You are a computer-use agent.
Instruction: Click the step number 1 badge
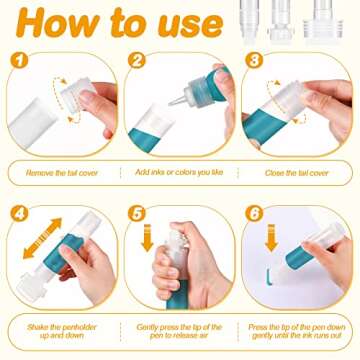coord(19,60)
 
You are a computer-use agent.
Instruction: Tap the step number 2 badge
coord(137,60)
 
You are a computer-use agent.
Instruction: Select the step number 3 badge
coord(254,60)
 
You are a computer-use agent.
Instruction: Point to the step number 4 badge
coord(19,213)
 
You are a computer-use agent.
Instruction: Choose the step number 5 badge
coord(137,213)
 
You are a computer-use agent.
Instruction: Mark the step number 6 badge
coord(254,213)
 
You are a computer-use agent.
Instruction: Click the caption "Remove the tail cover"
coord(62,173)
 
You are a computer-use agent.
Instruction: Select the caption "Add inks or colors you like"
coord(179,172)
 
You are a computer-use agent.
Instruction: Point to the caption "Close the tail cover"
coord(297,173)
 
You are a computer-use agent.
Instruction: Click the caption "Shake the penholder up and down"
coord(62,331)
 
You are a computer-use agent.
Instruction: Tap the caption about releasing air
coord(179,331)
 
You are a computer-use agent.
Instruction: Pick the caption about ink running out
coord(297,331)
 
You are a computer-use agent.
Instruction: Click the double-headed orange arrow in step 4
coord(42,238)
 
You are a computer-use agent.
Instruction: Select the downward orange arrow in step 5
coord(147,238)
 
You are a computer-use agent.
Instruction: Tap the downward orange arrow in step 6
coord(271,238)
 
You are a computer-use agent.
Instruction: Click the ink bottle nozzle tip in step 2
coord(171,104)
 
